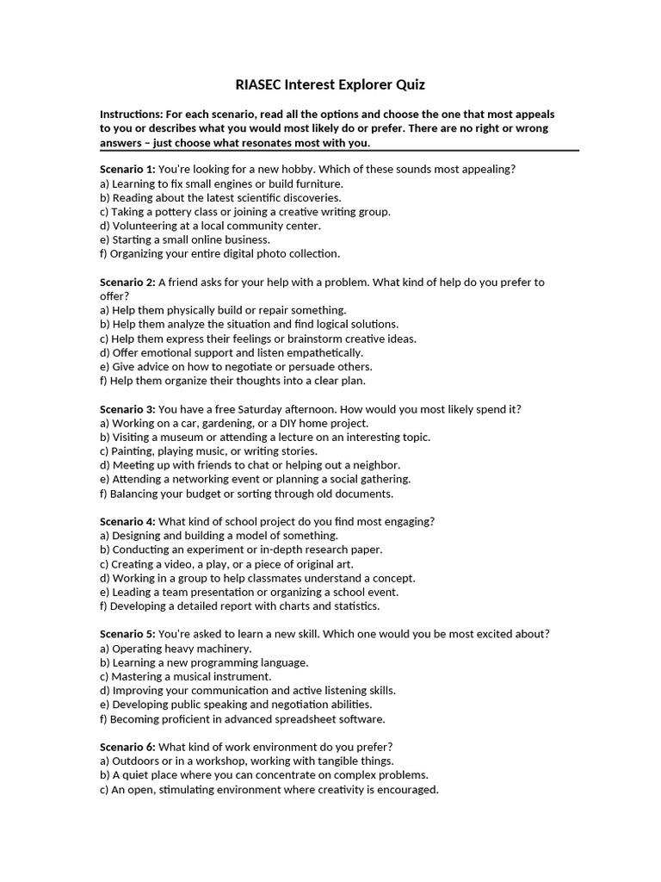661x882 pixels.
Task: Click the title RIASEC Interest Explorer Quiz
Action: (x=330, y=84)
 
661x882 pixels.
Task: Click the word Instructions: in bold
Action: (x=133, y=114)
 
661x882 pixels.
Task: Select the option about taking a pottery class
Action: (x=245, y=211)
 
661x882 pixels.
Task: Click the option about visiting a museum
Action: (x=265, y=437)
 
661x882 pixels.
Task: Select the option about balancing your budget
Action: (x=246, y=494)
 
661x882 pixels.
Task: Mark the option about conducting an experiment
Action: (x=241, y=550)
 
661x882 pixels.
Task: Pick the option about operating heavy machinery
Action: (x=176, y=648)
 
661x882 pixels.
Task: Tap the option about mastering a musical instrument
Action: (x=185, y=676)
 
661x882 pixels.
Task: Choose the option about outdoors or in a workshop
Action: (x=247, y=761)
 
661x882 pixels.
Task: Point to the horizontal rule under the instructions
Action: (x=339, y=151)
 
